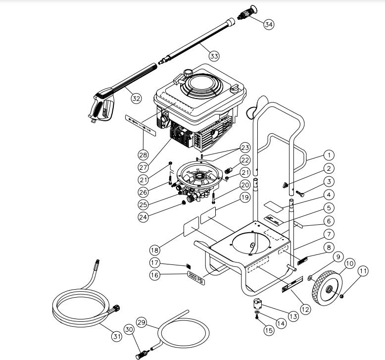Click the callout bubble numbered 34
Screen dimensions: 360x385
269,24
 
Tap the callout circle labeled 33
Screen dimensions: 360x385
214,56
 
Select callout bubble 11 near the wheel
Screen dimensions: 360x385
364,271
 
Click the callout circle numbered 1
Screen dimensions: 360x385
330,155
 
